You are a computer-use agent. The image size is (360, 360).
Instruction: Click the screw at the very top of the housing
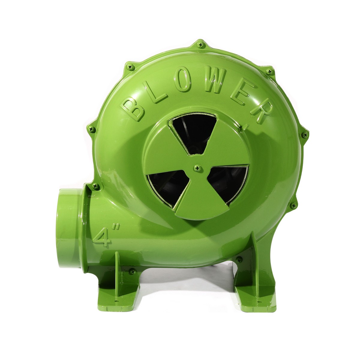tap(201, 45)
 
